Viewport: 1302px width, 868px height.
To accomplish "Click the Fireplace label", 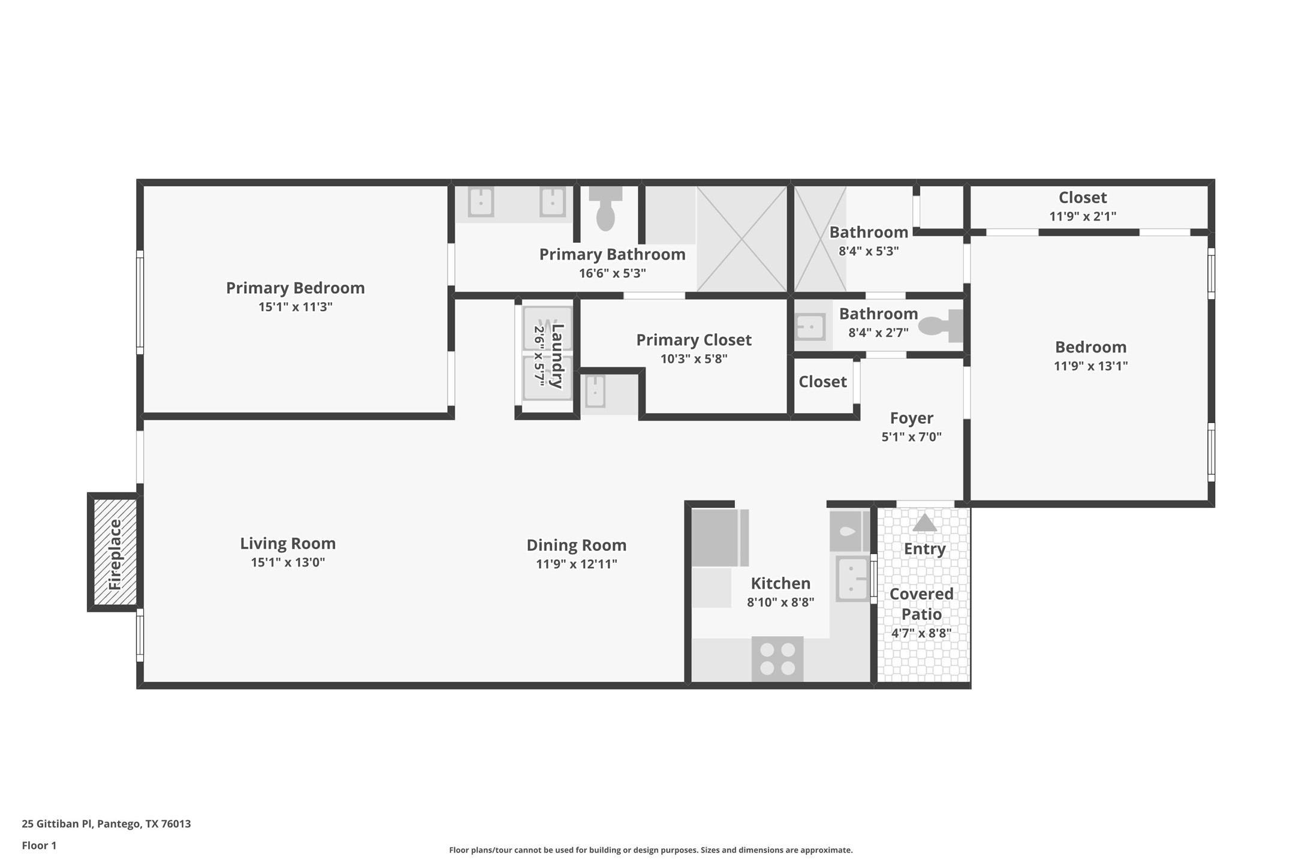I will coord(114,554).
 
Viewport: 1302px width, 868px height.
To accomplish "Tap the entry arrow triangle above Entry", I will coord(924,523).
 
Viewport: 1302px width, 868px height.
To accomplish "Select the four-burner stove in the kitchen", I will coord(777,658).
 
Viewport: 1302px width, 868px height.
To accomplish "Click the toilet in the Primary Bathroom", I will coord(605,210).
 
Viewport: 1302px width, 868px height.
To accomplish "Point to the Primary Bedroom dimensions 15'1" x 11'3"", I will coord(295,307).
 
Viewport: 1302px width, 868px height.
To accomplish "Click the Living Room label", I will coord(288,543).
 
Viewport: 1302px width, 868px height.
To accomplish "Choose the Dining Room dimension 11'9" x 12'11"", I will coord(576,564).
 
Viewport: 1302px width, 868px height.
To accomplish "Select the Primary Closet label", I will coord(694,340).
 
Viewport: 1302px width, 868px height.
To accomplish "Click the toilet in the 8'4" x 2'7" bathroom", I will coord(939,326).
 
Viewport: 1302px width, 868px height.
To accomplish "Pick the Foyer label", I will coord(911,418).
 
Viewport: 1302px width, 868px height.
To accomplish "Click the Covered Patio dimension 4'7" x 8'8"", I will coord(921,633).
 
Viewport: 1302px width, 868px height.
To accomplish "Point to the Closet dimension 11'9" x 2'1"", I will coord(1082,216).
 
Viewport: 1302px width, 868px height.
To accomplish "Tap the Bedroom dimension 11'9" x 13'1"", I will coord(1090,366).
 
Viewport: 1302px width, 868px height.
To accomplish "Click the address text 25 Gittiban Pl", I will coord(106,824).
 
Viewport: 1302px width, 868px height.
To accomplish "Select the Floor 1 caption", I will coord(39,846).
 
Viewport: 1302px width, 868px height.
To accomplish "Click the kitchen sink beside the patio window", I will coord(851,578).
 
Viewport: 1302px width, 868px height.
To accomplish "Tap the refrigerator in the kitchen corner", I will coord(719,537).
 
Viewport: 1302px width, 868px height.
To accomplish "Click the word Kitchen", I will coord(780,583).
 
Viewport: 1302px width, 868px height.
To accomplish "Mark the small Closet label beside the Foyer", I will coord(822,382).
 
